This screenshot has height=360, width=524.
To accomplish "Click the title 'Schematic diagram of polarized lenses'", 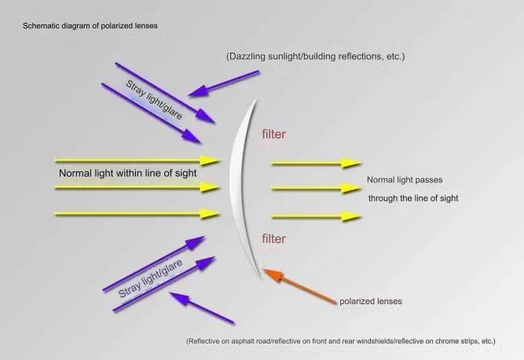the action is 90,26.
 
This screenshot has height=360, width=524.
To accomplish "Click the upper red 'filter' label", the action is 273,134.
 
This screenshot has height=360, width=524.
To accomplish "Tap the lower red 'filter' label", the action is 273,239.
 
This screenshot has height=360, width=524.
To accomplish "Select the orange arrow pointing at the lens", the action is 299,286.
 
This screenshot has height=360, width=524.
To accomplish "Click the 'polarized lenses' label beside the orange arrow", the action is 371,301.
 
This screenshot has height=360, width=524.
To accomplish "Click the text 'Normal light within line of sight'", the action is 127,173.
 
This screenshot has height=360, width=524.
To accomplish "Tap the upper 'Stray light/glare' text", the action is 154,100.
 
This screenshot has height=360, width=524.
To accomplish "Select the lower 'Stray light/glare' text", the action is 150,278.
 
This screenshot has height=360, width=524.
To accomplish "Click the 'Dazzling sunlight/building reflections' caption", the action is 316,56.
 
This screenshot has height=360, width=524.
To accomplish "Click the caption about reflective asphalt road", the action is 341,341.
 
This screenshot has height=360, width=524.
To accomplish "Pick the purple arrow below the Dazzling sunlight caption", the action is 223,83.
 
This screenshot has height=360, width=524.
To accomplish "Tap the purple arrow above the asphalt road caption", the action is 202,308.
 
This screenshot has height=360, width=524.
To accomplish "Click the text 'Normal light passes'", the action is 405,180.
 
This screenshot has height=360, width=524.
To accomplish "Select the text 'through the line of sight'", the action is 413,198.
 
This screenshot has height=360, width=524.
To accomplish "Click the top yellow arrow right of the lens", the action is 316,163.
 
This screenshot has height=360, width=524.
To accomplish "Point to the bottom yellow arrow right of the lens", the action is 316,217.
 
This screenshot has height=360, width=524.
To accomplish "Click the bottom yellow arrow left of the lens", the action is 137,214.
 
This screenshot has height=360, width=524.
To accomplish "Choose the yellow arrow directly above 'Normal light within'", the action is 137,160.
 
